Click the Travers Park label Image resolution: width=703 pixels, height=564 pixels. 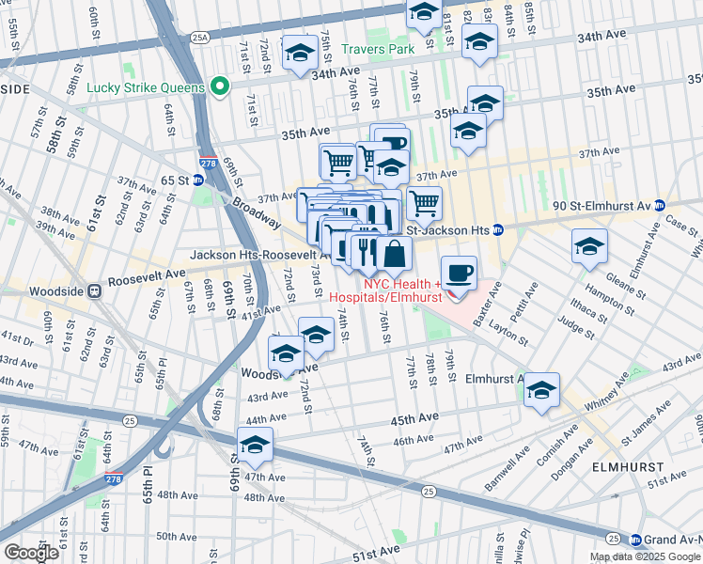click(378, 48)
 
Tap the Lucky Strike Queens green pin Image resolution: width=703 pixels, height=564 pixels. click(221, 87)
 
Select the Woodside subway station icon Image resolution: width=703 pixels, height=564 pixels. click(94, 291)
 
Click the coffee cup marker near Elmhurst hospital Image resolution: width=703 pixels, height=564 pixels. click(459, 274)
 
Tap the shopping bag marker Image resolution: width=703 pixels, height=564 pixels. click(395, 253)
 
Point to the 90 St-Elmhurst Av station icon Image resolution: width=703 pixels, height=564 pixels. click(660, 205)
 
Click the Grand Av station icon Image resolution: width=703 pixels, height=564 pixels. click(635, 540)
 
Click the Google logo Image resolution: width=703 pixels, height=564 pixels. click(31, 553)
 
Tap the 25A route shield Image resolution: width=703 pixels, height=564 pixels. click(199, 38)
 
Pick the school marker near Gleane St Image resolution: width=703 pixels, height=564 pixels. click(589, 246)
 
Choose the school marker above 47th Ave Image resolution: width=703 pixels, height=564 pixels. click(255, 445)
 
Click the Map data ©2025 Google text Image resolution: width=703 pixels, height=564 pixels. click(645, 556)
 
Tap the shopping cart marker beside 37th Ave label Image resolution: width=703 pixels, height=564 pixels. click(424, 201)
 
